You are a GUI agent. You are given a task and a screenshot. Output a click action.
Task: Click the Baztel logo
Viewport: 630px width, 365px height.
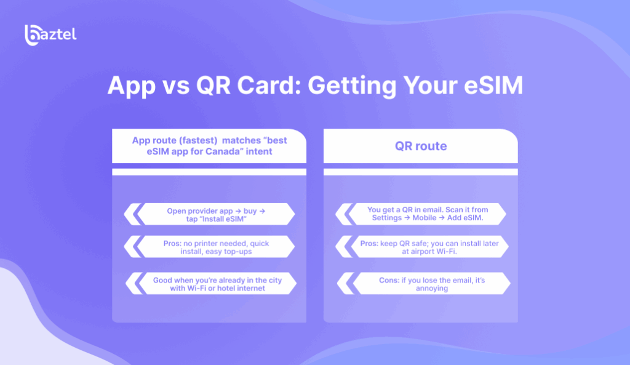point(50,35)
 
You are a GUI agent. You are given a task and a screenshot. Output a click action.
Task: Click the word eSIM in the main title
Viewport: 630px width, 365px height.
point(493,85)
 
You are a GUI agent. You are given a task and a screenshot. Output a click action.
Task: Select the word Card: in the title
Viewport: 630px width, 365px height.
point(269,85)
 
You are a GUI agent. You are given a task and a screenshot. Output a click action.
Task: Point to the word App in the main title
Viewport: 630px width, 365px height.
point(132,86)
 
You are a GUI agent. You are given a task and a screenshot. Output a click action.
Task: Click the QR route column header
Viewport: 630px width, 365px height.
point(421,146)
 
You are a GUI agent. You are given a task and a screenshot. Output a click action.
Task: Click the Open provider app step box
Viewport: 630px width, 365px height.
point(216,214)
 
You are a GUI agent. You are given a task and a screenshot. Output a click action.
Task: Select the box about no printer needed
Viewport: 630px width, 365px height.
point(216,247)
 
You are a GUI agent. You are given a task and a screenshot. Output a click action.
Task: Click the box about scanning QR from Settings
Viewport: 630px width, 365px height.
point(428,214)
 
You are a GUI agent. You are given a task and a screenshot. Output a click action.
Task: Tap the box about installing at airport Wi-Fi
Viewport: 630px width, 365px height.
point(429,247)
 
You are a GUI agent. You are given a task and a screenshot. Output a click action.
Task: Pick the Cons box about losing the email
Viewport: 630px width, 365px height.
point(432,284)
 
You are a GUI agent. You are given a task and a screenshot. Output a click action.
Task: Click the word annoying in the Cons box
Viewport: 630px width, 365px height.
point(432,288)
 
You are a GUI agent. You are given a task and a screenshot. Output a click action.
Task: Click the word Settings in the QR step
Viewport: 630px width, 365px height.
point(386,218)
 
